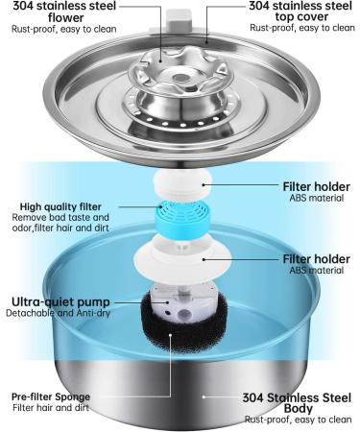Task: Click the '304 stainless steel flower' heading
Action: pyautogui.click(x=64, y=12)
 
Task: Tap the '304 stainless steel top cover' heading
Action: pyautogui.click(x=300, y=11)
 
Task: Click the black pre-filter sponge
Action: pyautogui.click(x=185, y=324)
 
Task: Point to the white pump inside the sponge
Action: pyautogui.click(x=180, y=305)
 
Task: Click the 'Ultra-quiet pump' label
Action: pyautogui.click(x=60, y=301)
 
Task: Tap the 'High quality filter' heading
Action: pyautogui.click(x=60, y=206)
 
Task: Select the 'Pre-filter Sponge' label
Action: pyautogui.click(x=51, y=396)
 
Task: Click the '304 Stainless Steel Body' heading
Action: pyautogui.click(x=297, y=403)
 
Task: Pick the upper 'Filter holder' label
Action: pyautogui.click(x=316, y=186)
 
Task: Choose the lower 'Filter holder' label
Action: pyautogui.click(x=316, y=259)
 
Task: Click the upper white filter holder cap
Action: pyautogui.click(x=183, y=184)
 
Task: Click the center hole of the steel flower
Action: pyautogui.click(x=180, y=77)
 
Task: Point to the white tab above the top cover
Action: pyautogui.click(x=180, y=19)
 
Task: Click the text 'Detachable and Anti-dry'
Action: pyautogui.click(x=58, y=313)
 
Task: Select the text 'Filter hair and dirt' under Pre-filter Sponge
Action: pyautogui.click(x=51, y=408)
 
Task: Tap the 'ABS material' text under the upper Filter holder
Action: pyautogui.click(x=317, y=198)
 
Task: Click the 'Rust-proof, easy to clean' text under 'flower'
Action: pyautogui.click(x=64, y=29)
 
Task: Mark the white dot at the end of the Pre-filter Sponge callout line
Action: pyautogui.click(x=171, y=335)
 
